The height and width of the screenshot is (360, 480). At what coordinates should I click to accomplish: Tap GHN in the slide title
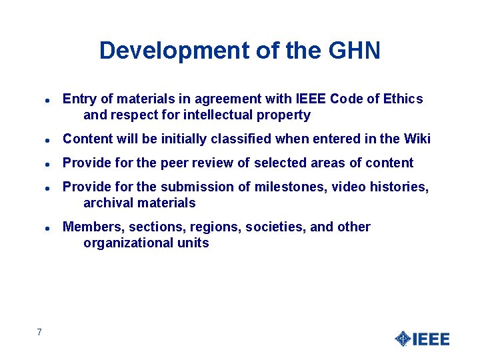click(x=355, y=51)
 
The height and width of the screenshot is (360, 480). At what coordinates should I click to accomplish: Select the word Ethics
click(x=403, y=99)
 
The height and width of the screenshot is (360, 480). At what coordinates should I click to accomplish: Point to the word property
click(x=286, y=115)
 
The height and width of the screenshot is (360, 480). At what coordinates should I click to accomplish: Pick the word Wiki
click(x=417, y=139)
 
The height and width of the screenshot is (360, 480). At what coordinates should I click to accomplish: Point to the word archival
click(x=107, y=203)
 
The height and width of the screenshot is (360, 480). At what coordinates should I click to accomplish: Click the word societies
click(x=274, y=227)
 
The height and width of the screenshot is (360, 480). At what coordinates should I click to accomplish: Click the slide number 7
click(x=40, y=332)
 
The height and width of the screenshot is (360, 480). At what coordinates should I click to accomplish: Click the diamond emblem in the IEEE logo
click(x=402, y=339)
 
